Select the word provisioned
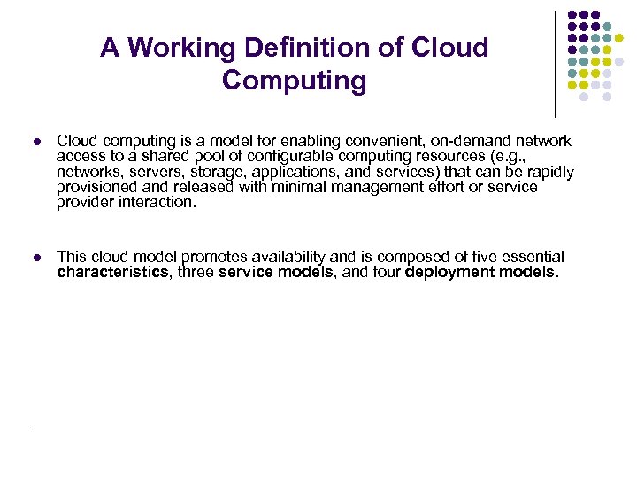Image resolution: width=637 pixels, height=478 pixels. pyautogui.click(x=96, y=187)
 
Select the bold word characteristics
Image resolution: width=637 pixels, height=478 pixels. pyautogui.click(x=112, y=272)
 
